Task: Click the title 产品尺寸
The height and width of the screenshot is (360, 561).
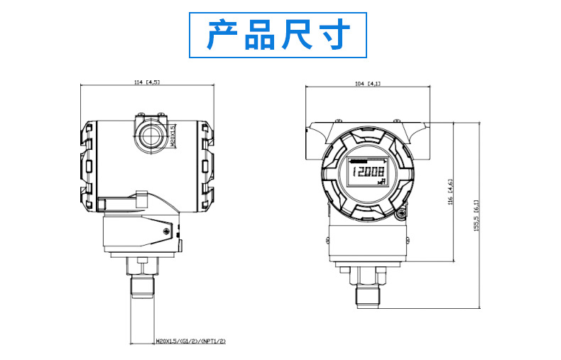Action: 278,35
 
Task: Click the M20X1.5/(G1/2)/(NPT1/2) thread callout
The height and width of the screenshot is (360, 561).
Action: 191,342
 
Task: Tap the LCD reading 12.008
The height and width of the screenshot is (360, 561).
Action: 366,172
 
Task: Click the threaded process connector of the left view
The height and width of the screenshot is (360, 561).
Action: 143,285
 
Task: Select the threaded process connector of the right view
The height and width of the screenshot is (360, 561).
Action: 368,295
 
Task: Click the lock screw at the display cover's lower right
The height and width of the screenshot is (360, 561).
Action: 401,214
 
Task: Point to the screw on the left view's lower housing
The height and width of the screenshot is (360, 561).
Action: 166,231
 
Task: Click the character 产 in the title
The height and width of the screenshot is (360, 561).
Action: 222,35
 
